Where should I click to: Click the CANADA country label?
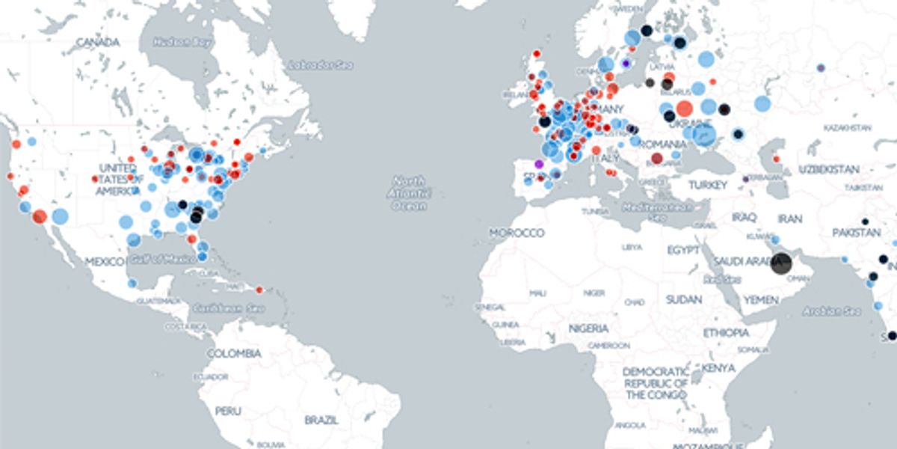(x=98, y=42)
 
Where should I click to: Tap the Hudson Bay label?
(x=177, y=42)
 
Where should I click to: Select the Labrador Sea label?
(x=319, y=66)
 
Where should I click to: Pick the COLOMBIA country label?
(x=234, y=352)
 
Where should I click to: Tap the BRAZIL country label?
(x=321, y=420)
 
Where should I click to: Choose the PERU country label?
(x=228, y=411)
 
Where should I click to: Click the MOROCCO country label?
(x=517, y=233)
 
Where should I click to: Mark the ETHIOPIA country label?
(x=725, y=332)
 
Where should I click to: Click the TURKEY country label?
(x=708, y=185)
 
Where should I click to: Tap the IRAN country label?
(x=789, y=219)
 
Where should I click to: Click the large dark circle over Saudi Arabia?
(x=780, y=263)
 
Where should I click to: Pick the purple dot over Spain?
(x=539, y=163)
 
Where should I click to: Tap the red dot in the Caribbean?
(x=259, y=290)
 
